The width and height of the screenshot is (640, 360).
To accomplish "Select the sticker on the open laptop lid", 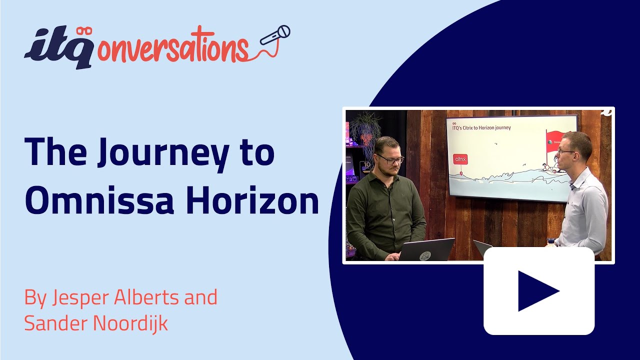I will pyautogui.click(x=425, y=254).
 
